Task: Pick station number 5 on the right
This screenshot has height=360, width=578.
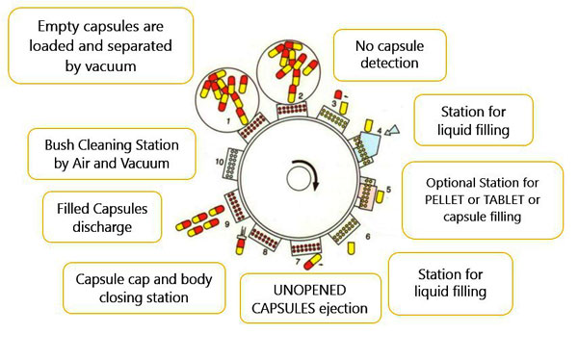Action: point(388,188)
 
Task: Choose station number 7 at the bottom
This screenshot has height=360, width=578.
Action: point(297,262)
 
